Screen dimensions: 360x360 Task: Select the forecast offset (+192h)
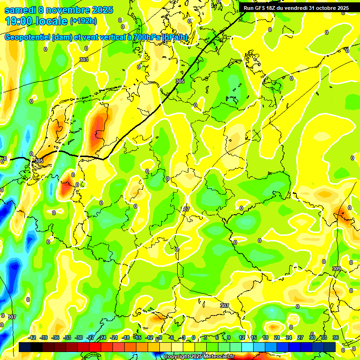click(x=83, y=21)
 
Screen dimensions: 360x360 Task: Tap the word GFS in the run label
click(x=262, y=8)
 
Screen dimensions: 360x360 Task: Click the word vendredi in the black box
click(x=293, y=8)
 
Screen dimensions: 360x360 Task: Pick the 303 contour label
click(x=84, y=60)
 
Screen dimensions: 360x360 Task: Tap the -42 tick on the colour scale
click(x=32, y=337)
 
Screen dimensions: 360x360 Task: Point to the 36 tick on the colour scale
click(x=336, y=337)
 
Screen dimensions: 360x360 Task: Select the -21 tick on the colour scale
click(x=114, y=337)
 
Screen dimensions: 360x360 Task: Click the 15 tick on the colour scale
click(x=254, y=337)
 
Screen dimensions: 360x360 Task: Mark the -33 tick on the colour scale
click(x=67, y=337)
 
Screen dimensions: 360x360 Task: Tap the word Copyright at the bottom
click(x=177, y=357)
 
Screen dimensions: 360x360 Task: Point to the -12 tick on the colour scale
click(x=149, y=337)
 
